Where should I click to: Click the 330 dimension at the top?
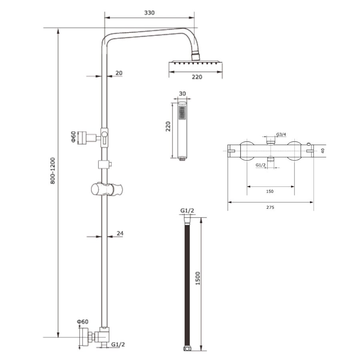coord(149,13)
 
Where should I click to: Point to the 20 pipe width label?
coord(119,73)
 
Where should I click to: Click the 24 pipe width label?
coord(120,233)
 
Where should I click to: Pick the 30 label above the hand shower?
coord(182,94)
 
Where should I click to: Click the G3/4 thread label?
coord(281,134)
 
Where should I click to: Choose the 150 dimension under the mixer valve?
coord(270,191)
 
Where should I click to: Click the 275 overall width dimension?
coord(270,207)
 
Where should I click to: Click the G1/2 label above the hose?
coord(187,211)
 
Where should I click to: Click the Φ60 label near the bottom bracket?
coord(83,322)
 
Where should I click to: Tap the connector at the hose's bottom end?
coord(186,349)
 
